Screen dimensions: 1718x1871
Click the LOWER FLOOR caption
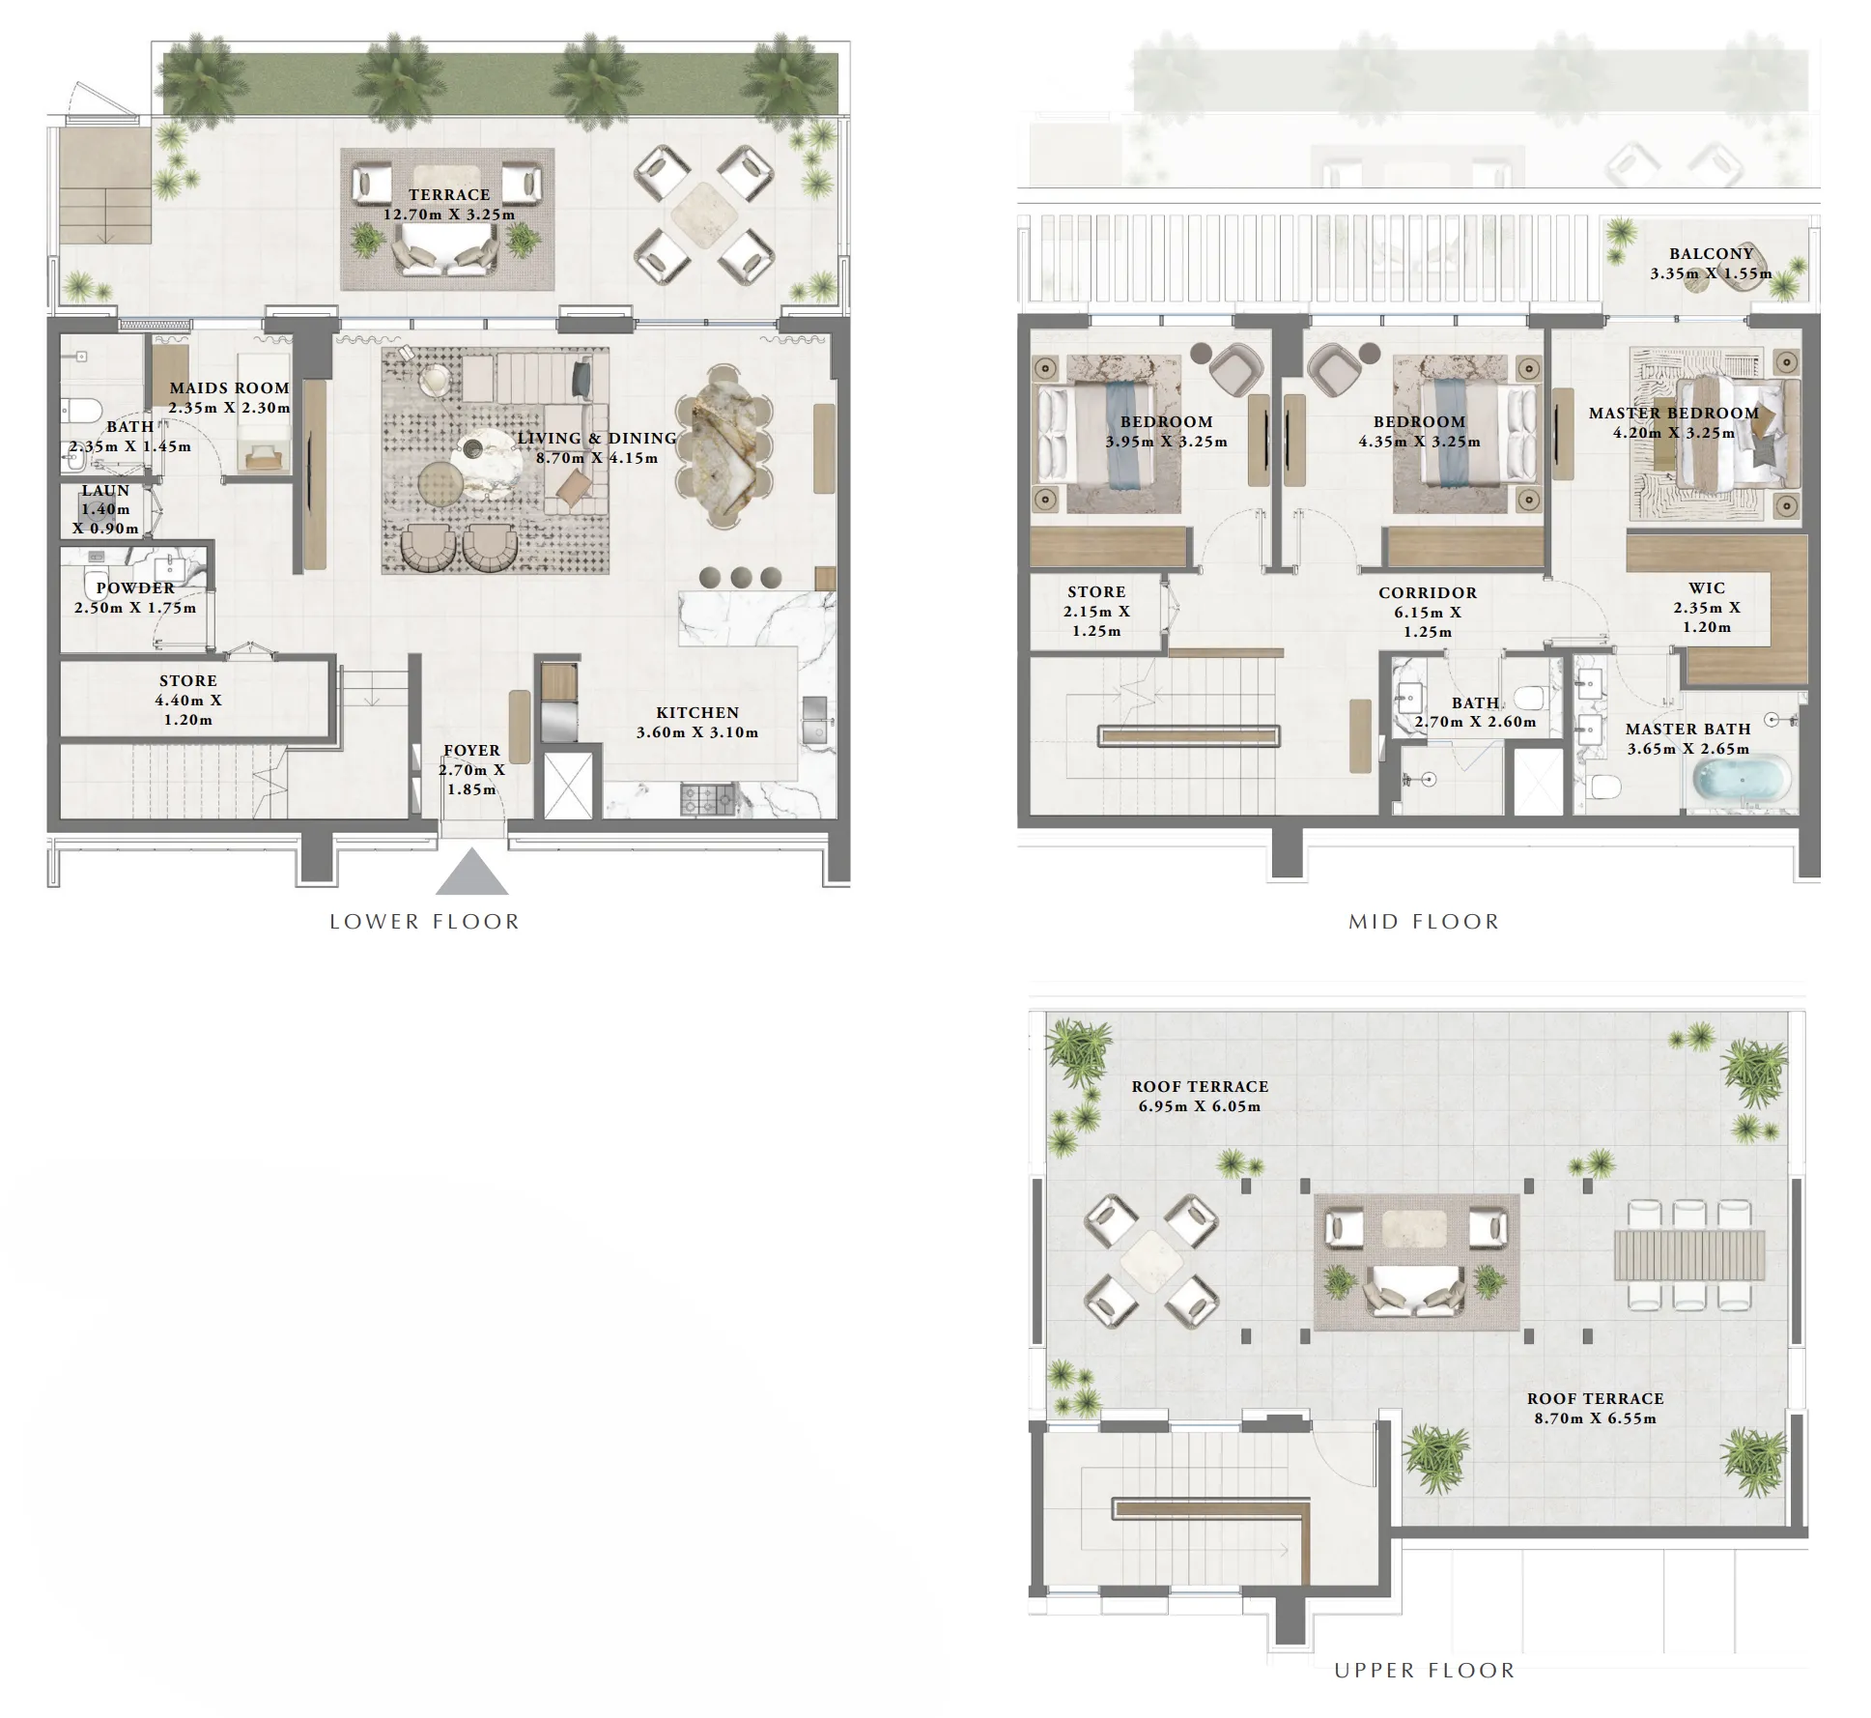pos(424,922)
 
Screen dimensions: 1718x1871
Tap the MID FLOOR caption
pos(1424,922)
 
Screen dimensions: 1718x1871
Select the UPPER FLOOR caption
pos(1424,1671)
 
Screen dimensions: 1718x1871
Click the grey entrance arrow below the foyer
pos(471,873)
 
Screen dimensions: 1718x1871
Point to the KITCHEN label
pos(697,712)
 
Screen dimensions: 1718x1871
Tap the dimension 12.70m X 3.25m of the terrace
pos(449,215)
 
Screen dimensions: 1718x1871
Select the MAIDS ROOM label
pos(230,388)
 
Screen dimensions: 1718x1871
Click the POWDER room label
pos(135,587)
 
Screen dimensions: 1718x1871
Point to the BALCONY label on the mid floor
pos(1711,253)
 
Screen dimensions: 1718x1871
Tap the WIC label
pos(1707,587)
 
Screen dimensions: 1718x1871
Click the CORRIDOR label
pos(1427,592)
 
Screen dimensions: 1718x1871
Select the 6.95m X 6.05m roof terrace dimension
pos(1199,1106)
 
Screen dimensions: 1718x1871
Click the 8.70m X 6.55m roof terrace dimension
pos(1595,1418)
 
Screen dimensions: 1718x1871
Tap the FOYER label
pos(471,750)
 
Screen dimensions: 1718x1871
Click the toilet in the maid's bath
pos(81,412)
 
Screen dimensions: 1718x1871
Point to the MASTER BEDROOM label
pos(1673,413)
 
